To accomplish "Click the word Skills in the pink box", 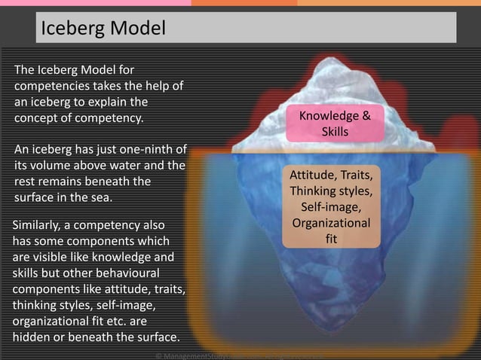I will pos(335,132).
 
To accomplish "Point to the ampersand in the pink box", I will pos(366,117).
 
